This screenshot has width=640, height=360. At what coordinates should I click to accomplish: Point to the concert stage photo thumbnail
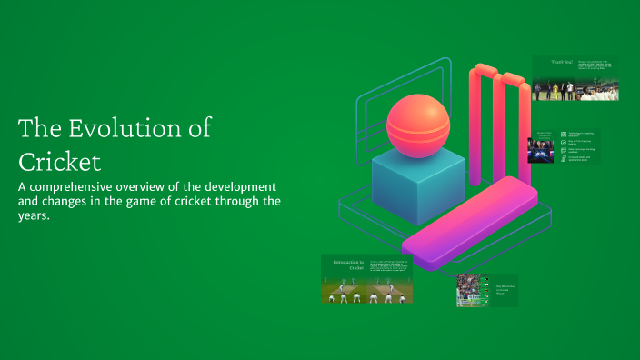541,150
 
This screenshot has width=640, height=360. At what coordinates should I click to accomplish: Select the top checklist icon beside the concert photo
564,135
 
